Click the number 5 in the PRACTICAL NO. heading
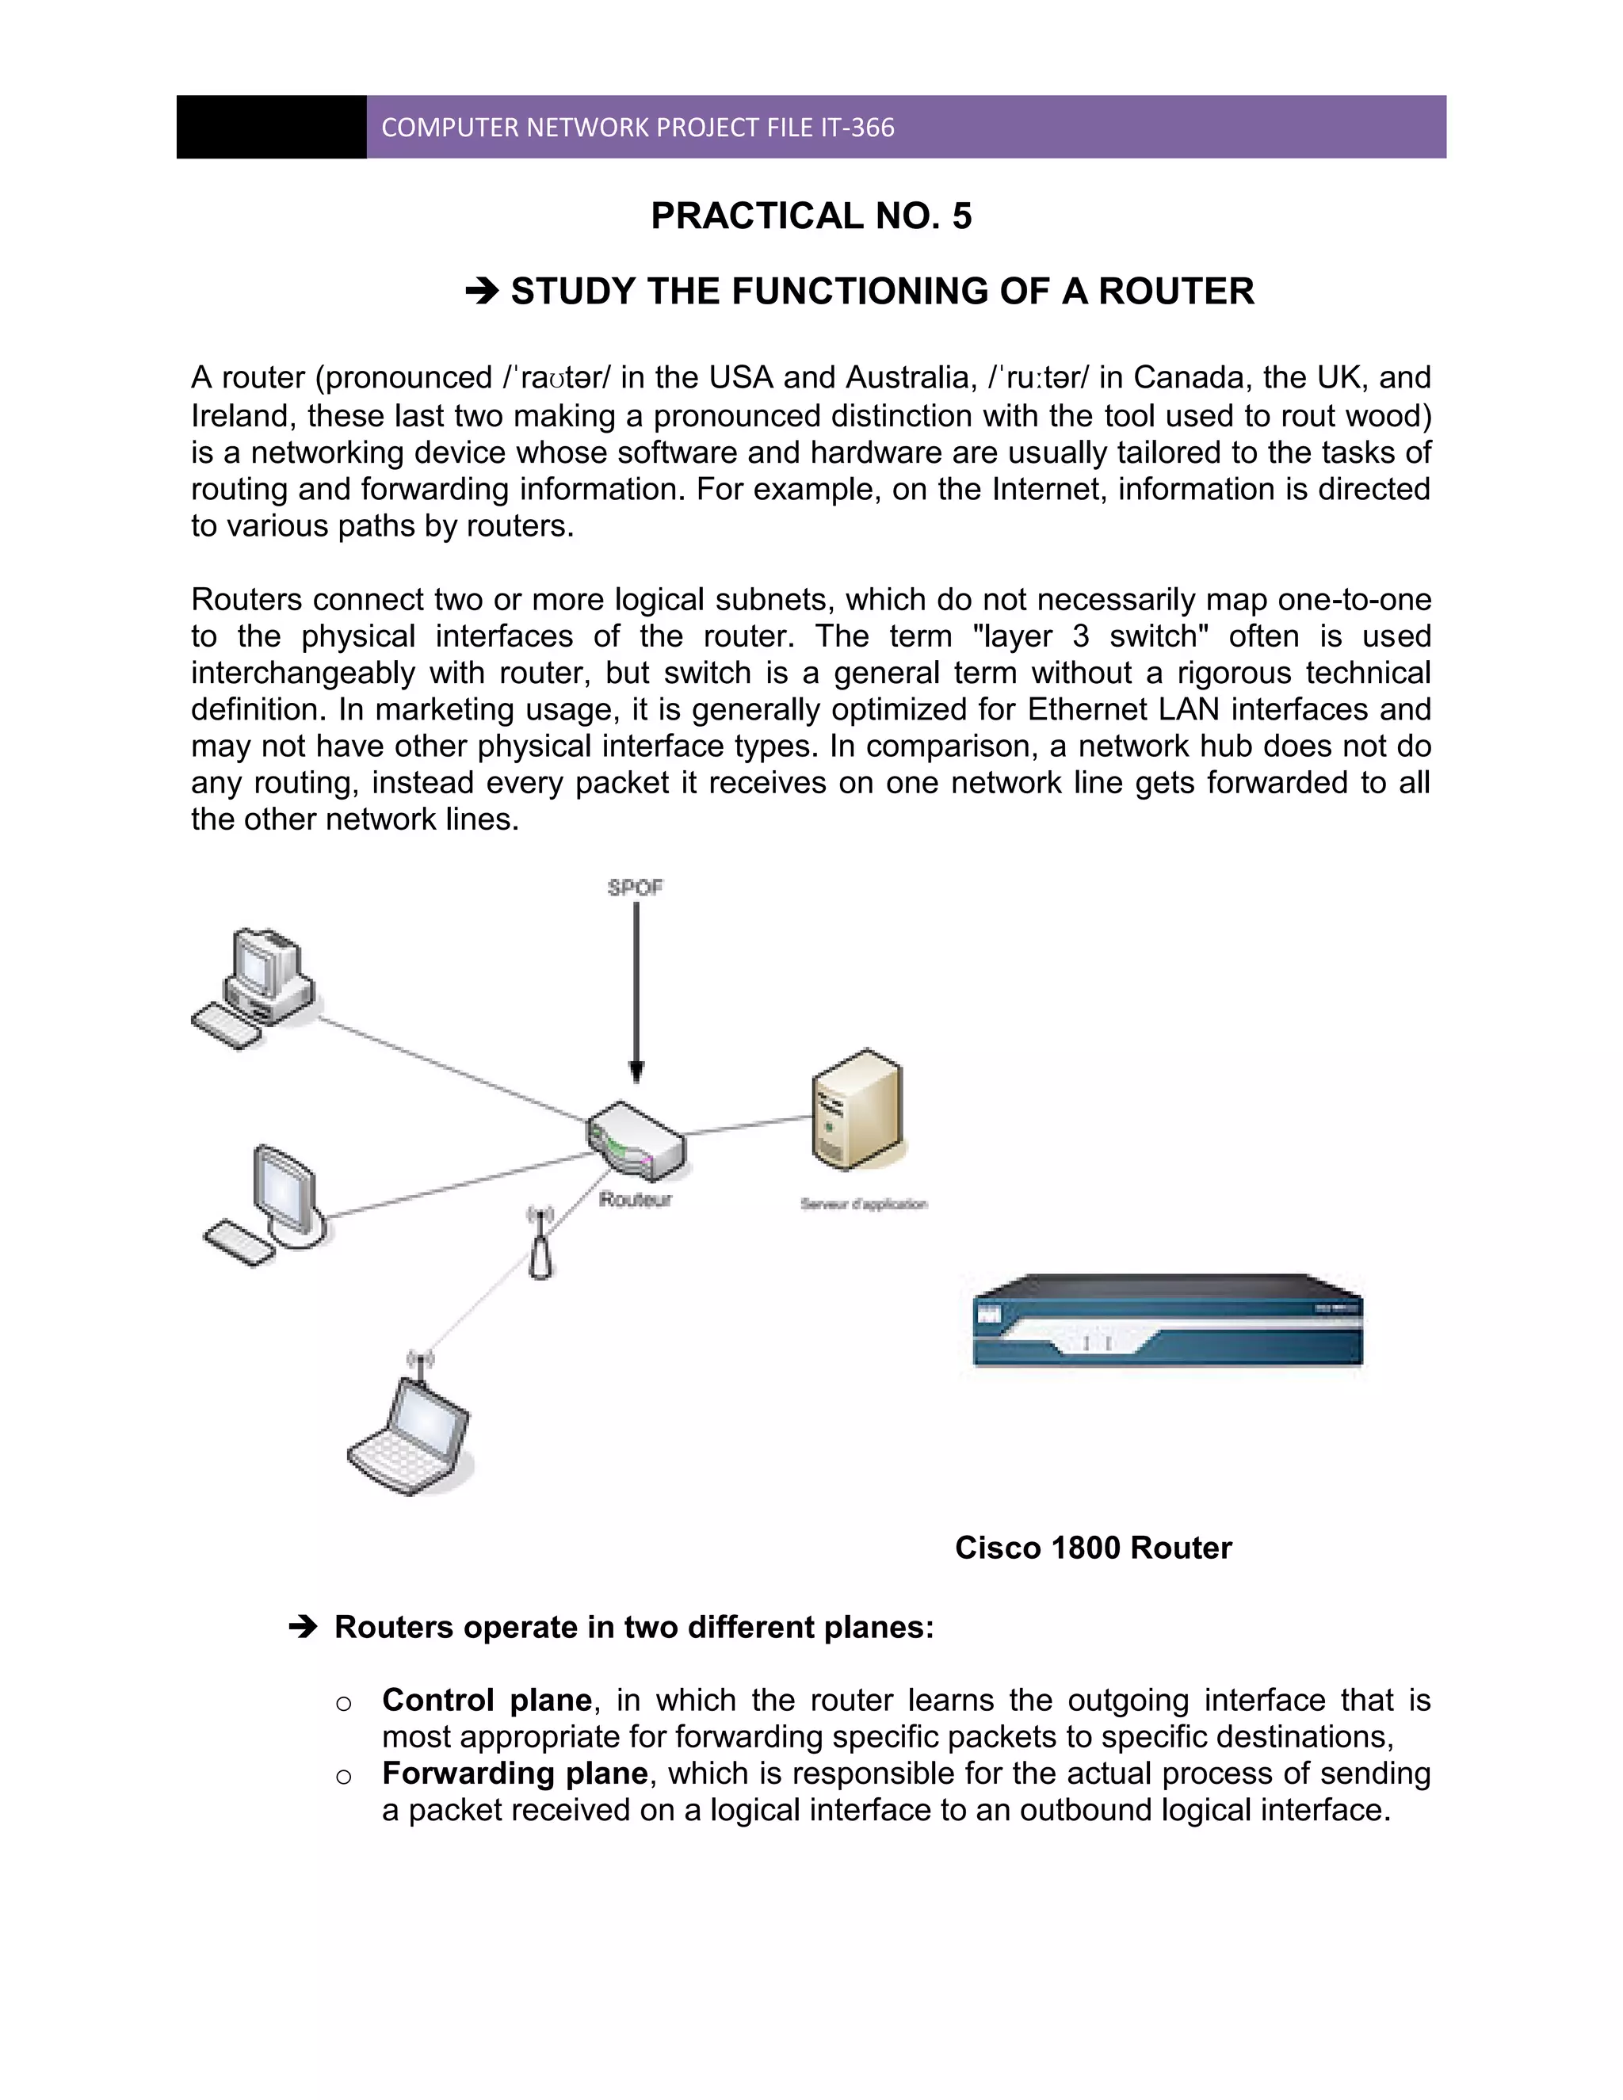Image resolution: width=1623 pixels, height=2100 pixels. click(961, 216)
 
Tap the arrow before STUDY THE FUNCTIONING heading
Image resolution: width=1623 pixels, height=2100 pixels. click(482, 290)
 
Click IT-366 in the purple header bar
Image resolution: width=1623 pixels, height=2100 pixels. click(857, 128)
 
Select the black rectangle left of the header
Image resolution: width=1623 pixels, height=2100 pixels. click(271, 127)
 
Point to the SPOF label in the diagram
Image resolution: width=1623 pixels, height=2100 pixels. click(635, 888)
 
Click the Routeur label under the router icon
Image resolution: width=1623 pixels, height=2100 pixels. click(635, 1199)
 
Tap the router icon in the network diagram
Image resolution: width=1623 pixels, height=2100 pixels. click(636, 1140)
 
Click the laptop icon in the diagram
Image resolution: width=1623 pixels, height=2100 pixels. click(411, 1437)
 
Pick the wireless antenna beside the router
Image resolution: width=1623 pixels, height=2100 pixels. click(541, 1244)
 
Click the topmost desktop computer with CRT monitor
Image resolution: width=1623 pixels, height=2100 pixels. click(255, 987)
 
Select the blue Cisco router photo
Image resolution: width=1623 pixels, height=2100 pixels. click(1167, 1321)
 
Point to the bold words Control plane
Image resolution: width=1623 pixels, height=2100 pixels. click(487, 1700)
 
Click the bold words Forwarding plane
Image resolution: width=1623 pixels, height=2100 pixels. click(514, 1773)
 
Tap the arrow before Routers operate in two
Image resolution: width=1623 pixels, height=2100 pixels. click(303, 1627)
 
